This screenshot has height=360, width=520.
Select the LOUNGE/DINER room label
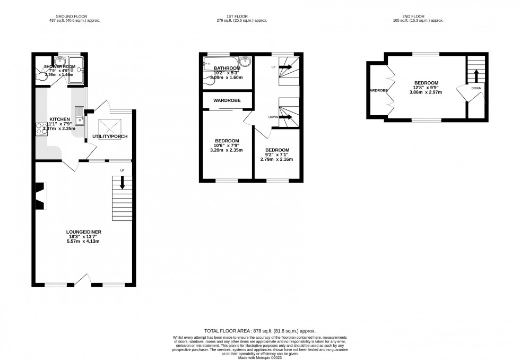pos(83,232)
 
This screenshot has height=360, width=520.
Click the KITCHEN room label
pos(59,119)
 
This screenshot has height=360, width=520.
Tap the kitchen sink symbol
pos(79,113)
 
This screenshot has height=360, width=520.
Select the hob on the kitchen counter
pos(40,129)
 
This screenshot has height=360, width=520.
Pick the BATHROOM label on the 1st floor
pos(227,68)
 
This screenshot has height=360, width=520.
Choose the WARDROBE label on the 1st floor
pos(227,100)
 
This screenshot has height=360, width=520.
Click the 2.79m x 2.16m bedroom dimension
pos(276,159)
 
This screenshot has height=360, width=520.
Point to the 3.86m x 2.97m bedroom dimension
pos(426,92)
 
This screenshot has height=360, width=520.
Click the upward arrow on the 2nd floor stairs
pos(476,74)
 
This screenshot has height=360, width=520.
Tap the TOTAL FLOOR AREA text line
pos(259,331)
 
